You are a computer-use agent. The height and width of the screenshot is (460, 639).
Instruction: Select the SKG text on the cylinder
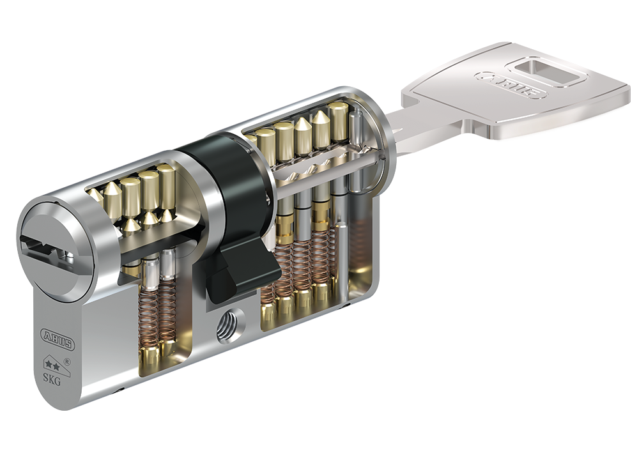(52, 381)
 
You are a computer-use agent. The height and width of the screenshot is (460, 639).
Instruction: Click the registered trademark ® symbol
(68, 361)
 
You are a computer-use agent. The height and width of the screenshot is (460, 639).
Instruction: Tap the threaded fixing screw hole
(229, 325)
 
